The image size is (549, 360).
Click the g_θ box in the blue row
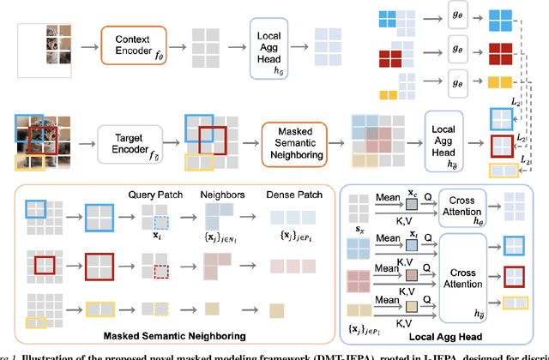[456, 19]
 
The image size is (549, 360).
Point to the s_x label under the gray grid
[359, 228]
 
